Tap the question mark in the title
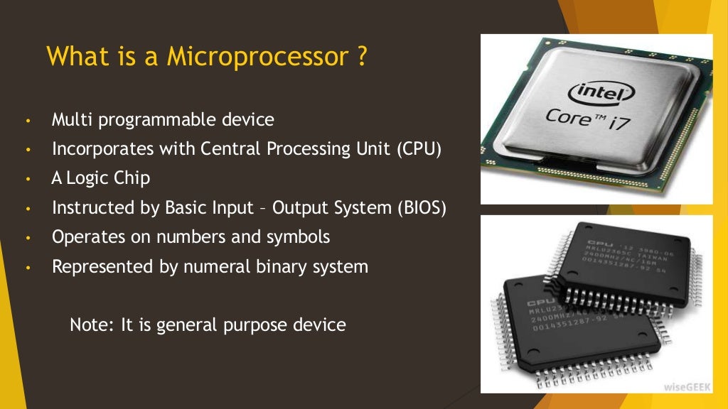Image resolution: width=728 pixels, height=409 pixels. click(x=362, y=56)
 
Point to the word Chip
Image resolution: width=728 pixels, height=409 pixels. click(x=132, y=178)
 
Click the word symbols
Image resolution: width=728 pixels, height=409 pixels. click(x=299, y=237)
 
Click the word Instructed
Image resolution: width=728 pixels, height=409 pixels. click(x=87, y=208)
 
